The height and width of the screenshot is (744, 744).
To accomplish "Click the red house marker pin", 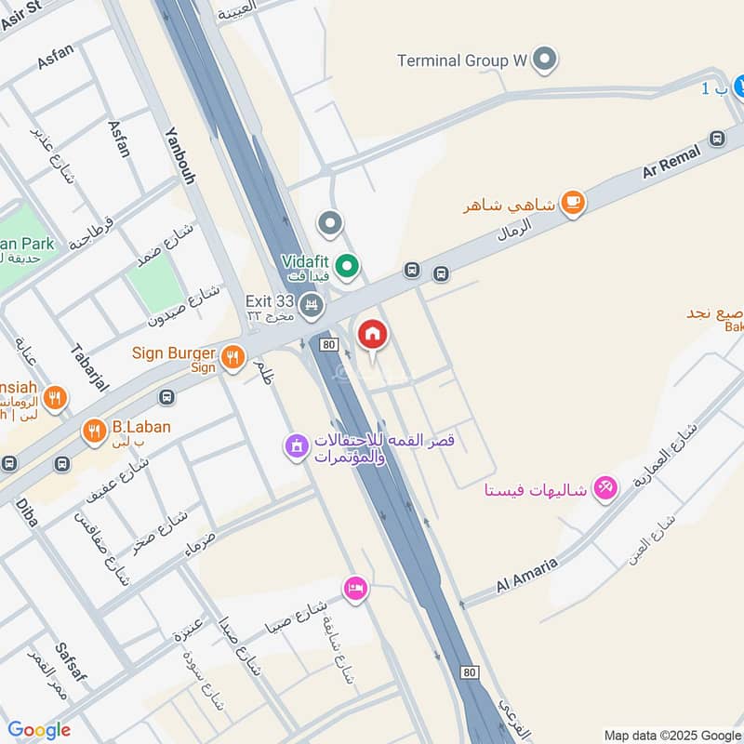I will [372, 334].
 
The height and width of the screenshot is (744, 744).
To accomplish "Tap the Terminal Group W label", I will [461, 61].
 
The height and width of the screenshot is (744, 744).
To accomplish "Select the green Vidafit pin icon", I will [348, 267].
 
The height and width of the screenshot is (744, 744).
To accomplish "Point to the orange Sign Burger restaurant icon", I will [232, 354].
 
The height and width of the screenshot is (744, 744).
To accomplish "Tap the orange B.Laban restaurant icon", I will [93, 431].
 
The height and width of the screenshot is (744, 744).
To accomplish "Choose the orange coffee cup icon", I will [573, 204].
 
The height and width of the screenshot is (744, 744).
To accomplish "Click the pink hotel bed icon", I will [355, 588].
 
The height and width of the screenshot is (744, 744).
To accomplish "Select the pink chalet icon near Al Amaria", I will [605, 487].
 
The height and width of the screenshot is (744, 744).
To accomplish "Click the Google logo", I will [39, 731].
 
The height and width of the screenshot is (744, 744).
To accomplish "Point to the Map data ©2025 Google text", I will [671, 734].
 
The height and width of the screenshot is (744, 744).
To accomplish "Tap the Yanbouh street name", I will [179, 155].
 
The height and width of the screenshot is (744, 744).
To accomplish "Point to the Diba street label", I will [25, 512].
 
